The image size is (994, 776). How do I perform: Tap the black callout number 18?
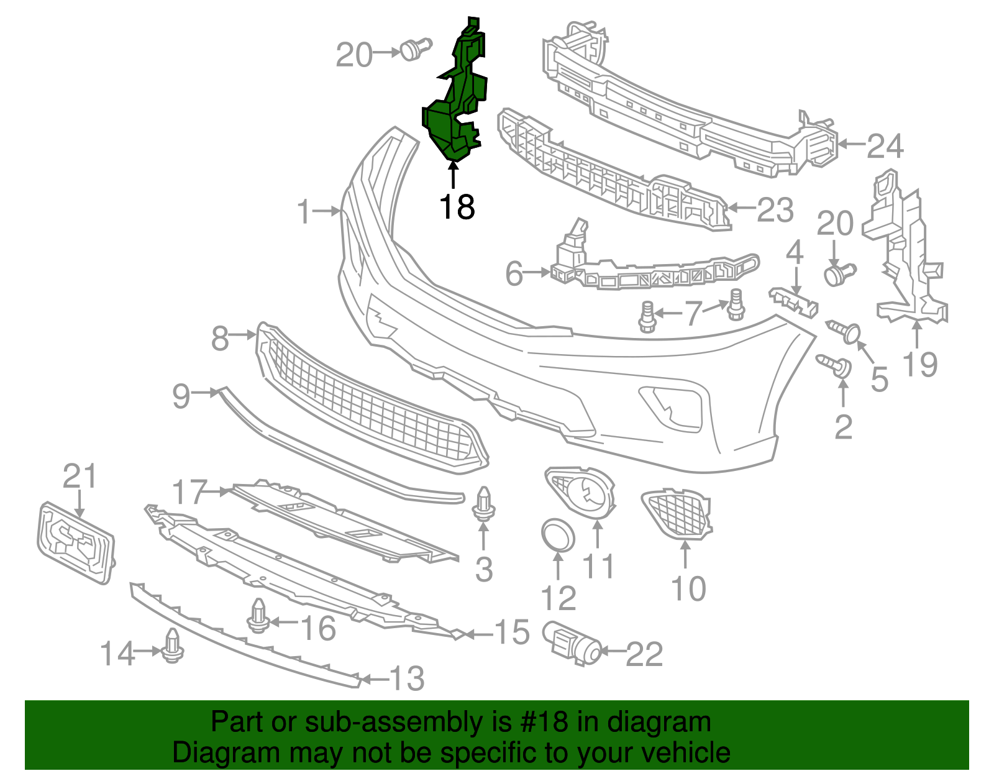tap(457, 207)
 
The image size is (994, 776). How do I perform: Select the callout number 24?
tap(885, 147)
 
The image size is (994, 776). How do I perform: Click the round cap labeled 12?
tap(558, 535)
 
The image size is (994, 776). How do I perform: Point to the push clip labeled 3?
tap(484, 504)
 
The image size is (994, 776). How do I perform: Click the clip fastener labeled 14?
tap(172, 647)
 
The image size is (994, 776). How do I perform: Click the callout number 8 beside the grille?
tap(220, 339)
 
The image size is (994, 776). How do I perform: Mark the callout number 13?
tap(407, 678)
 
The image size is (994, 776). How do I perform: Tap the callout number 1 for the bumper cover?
tap(303, 212)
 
